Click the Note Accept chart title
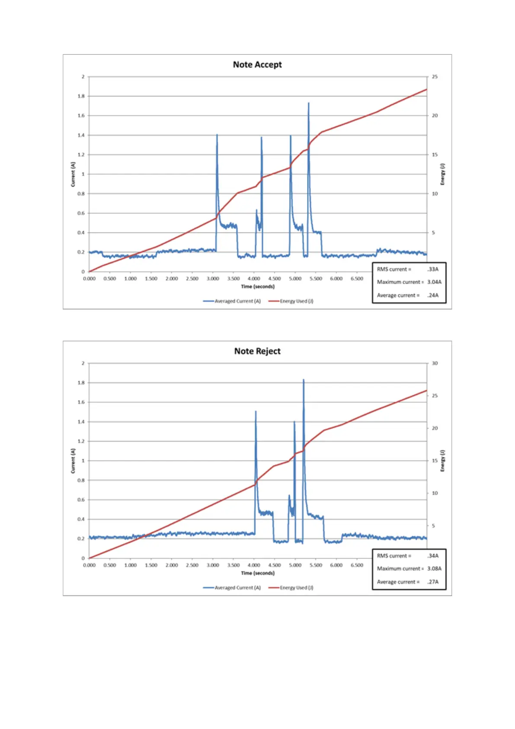pos(257,65)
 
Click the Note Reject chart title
pos(257,351)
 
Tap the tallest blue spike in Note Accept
pos(308,104)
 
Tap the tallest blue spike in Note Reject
pos(303,381)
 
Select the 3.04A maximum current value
pos(434,282)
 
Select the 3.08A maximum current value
pos(434,568)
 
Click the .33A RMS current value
pos(433,269)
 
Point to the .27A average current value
pos(433,582)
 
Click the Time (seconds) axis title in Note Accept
pos(258,286)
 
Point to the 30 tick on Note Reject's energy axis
pos(435,363)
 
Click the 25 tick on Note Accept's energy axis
pos(435,77)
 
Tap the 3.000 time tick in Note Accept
pos(213,278)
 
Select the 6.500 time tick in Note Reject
pos(357,565)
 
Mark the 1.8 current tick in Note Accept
pos(81,96)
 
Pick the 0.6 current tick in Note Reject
pos(81,500)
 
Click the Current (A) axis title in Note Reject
pos(73,461)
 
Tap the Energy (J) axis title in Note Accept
pos(442,174)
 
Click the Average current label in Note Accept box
pos(398,295)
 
